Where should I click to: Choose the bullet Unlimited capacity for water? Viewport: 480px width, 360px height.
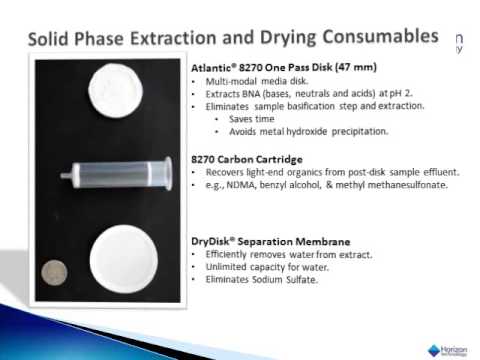coord(265,268)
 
